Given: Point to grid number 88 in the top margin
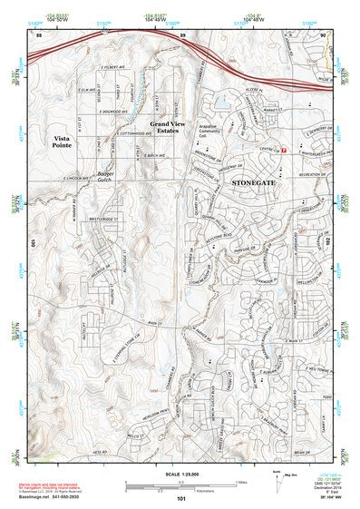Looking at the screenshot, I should click(x=39, y=34).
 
